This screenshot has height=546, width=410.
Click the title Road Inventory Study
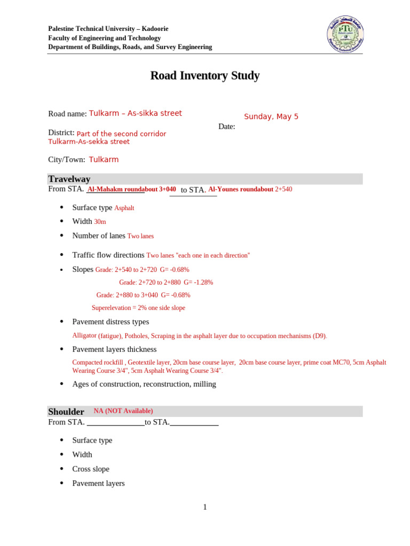pyautogui.click(x=205, y=76)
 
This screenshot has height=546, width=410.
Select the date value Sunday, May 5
pyautogui.click(x=271, y=117)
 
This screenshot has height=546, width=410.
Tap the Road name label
pyautogui.click(x=67, y=114)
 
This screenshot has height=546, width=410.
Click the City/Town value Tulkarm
pyautogui.click(x=104, y=160)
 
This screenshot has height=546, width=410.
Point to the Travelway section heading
pyautogui.click(x=69, y=179)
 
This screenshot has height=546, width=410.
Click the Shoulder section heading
pyautogui.click(x=66, y=412)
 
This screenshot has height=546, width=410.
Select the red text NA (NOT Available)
pyautogui.click(x=123, y=411)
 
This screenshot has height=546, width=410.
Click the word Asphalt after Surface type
pyautogui.click(x=124, y=208)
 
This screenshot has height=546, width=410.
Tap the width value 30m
pyautogui.click(x=100, y=222)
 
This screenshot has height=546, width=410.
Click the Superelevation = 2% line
pyautogui.click(x=138, y=308)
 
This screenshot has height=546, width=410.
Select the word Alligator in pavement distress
pyautogui.click(x=84, y=336)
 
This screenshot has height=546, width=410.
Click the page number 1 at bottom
pyautogui.click(x=204, y=507)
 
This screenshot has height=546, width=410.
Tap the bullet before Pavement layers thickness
pyautogui.click(x=62, y=349)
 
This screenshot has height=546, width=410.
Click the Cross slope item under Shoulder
pyautogui.click(x=91, y=469)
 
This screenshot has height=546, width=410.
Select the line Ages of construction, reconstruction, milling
pyautogui.click(x=144, y=384)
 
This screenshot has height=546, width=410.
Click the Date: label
pyautogui.click(x=227, y=127)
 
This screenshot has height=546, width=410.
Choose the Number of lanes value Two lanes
pyautogui.click(x=140, y=236)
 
